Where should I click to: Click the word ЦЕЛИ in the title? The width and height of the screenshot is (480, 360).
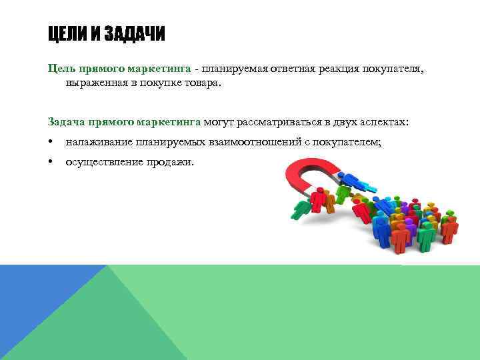click(66, 34)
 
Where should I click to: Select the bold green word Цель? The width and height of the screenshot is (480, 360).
click(62, 68)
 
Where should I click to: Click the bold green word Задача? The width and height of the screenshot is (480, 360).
click(67, 121)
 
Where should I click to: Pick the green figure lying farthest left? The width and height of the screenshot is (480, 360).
click(301, 209)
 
